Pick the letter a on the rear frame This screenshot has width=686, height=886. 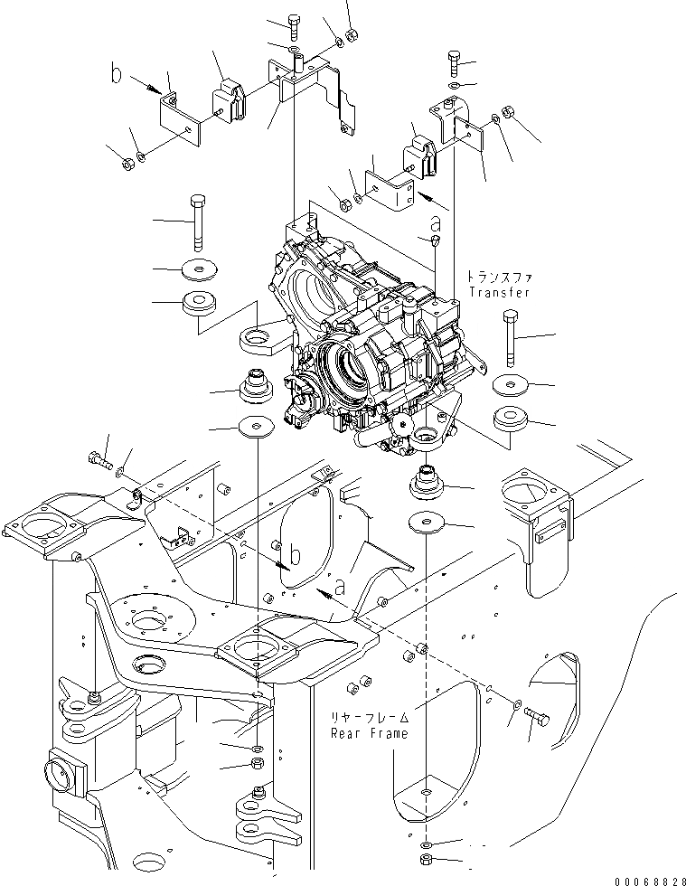coord(339,588)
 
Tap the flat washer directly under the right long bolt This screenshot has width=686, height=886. coord(512,383)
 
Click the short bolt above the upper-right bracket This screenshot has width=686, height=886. coord(456,63)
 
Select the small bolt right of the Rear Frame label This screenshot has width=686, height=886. coord(540,718)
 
